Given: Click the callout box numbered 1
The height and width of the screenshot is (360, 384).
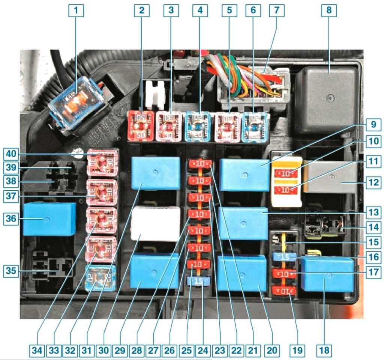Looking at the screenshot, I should point(76,11).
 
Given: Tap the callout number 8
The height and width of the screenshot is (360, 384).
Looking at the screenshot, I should point(329,11).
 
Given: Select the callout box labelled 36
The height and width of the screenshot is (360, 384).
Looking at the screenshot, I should point(11,218).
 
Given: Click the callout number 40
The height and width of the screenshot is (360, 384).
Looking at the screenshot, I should point(11,154).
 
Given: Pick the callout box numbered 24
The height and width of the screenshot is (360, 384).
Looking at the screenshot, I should point(203,351).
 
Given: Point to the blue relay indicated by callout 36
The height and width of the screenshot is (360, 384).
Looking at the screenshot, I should point(49,219).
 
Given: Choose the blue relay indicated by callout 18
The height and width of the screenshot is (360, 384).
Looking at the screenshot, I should point(328,274).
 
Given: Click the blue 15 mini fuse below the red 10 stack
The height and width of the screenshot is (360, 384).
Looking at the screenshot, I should point(198,280).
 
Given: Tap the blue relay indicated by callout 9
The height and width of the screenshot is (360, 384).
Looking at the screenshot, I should point(244,175).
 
